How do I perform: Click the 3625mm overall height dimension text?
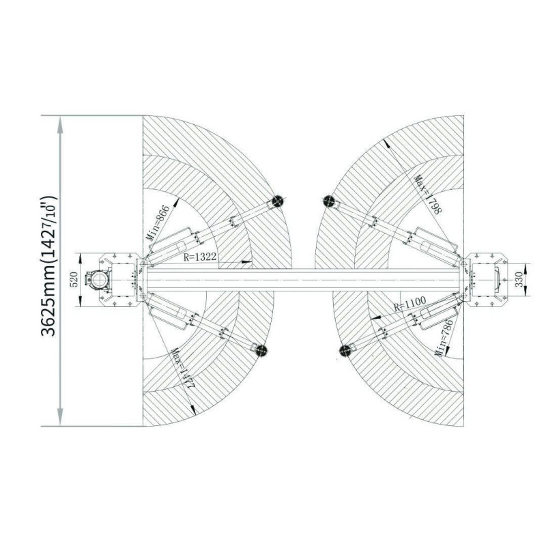click(x=48, y=265)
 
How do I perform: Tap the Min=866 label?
click(x=158, y=224)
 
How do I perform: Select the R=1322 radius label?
click(x=200, y=257)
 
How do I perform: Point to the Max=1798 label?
click(x=428, y=195)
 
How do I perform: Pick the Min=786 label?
click(x=444, y=338)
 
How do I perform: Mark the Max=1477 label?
click(x=182, y=369)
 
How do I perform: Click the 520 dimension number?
click(x=74, y=280)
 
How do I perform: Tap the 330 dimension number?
click(x=519, y=280)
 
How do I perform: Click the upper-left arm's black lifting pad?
click(x=276, y=201)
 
